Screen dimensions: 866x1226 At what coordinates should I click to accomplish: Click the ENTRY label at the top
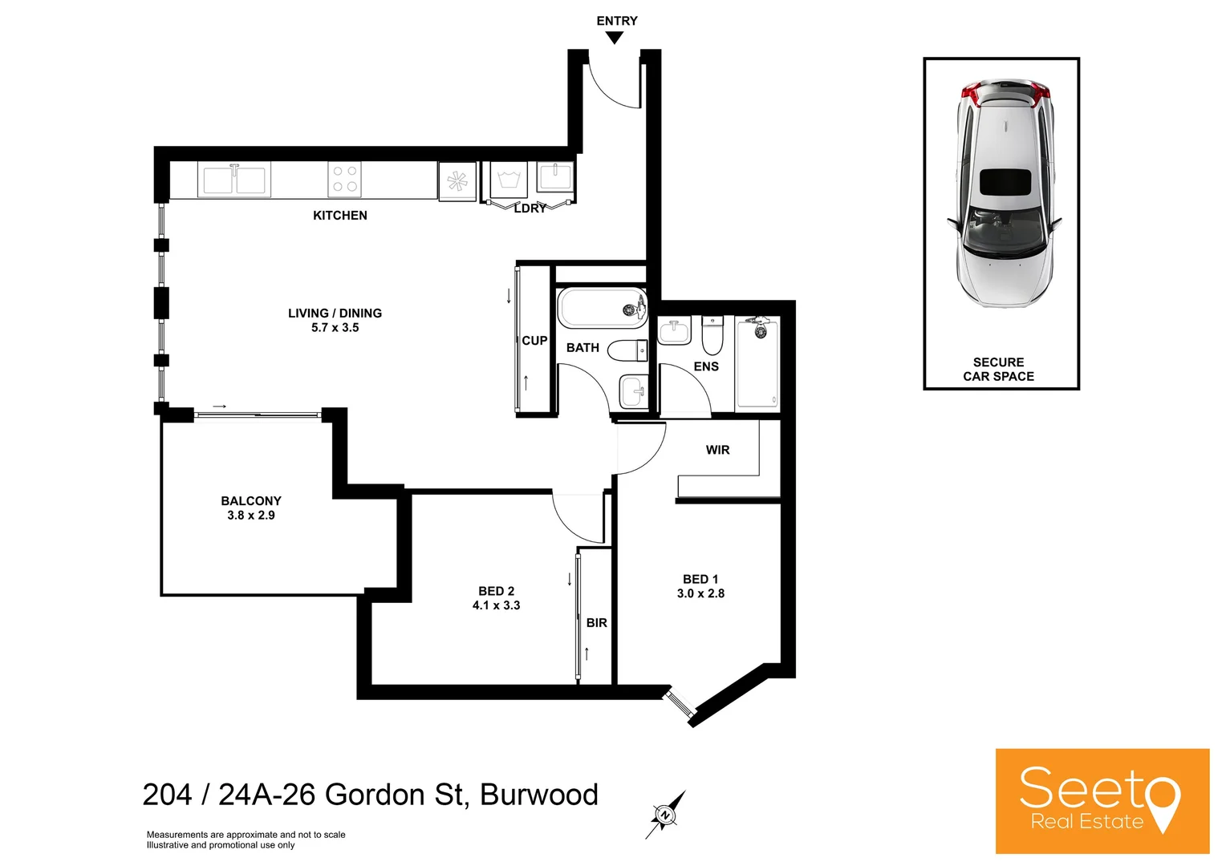pyautogui.click(x=616, y=21)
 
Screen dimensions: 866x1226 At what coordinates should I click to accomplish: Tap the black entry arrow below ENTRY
pyautogui.click(x=615, y=37)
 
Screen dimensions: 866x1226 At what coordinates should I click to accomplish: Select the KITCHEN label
pyautogui.click(x=340, y=215)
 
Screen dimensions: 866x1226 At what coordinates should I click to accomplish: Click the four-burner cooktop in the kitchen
pyautogui.click(x=345, y=179)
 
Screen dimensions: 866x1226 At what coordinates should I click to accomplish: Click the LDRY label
pyautogui.click(x=530, y=208)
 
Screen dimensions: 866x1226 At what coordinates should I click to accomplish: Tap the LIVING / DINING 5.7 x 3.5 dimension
pyautogui.click(x=335, y=328)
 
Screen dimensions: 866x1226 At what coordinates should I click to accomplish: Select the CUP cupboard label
pyautogui.click(x=534, y=341)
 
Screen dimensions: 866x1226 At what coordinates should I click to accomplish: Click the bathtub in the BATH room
pyautogui.click(x=602, y=308)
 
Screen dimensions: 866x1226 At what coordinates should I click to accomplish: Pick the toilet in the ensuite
pyautogui.click(x=712, y=336)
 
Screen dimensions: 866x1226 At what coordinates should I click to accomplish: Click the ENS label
pyautogui.click(x=706, y=366)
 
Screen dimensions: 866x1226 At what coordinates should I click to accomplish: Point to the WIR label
pyautogui.click(x=718, y=450)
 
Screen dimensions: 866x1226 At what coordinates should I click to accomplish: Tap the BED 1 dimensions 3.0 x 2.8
pyautogui.click(x=700, y=594)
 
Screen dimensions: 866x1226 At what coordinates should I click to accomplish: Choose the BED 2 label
pyautogui.click(x=496, y=591)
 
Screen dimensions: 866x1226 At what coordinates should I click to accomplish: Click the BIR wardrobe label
pyautogui.click(x=596, y=623)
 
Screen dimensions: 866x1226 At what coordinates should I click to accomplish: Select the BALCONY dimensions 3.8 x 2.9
pyautogui.click(x=251, y=516)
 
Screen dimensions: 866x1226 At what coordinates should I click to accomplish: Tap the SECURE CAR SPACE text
pyautogui.click(x=998, y=370)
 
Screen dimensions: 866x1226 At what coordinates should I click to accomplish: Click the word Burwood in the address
pyautogui.click(x=539, y=795)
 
